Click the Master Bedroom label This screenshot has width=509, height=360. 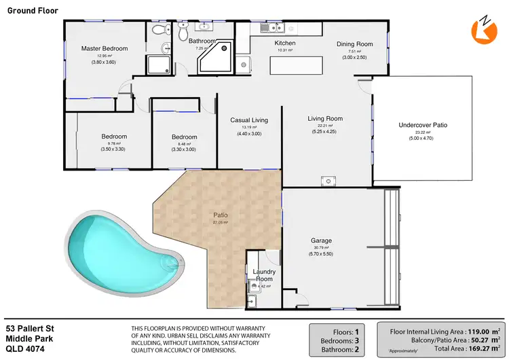pyautogui.click(x=105, y=48)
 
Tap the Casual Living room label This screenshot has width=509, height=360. pyautogui.click(x=249, y=120)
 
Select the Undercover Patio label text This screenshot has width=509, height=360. pyautogui.click(x=422, y=125)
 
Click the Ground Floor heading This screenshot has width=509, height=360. pyautogui.click(x=32, y=11)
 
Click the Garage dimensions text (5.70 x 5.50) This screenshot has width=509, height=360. pyautogui.click(x=321, y=254)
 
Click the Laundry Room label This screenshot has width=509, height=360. pyautogui.click(x=263, y=275)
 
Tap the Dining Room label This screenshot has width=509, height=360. pyautogui.click(x=355, y=44)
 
